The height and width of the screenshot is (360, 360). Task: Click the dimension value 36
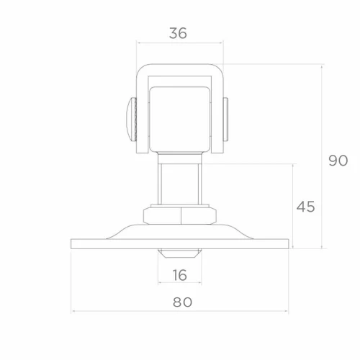point(178,33)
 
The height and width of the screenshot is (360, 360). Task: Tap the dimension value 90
point(338,161)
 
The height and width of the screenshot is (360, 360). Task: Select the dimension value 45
point(305,207)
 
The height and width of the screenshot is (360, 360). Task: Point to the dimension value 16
point(180,275)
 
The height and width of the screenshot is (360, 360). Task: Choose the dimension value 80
point(182,302)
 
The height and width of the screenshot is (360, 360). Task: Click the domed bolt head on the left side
point(131,119)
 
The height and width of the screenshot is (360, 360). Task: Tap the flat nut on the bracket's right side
point(225,119)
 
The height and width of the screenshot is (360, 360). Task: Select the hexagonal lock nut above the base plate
point(180,215)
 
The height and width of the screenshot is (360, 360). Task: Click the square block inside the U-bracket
point(180,119)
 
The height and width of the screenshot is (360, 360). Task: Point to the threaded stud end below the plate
point(180,253)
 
